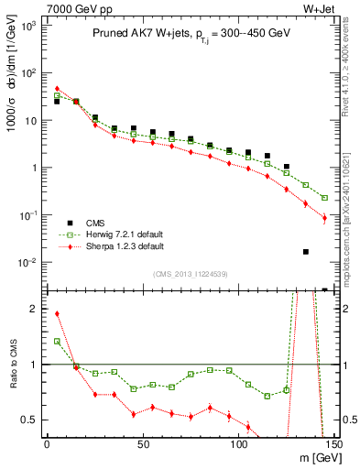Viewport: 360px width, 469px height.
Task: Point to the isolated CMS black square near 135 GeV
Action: point(306,251)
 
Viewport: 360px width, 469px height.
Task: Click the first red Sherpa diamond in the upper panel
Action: point(57,89)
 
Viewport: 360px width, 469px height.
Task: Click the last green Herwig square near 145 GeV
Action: point(325,197)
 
